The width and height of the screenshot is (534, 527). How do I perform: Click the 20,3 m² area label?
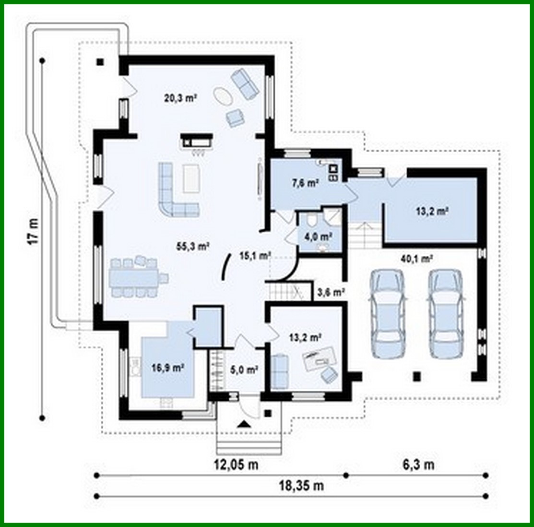[x=181, y=98]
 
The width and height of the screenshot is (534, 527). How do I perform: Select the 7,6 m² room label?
[x=305, y=183]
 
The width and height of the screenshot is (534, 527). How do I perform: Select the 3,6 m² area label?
[x=331, y=291]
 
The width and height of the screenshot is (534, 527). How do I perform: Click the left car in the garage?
[x=388, y=314]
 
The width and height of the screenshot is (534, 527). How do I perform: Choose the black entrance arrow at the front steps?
[x=244, y=423]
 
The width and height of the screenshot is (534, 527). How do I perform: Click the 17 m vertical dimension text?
[x=32, y=232]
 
